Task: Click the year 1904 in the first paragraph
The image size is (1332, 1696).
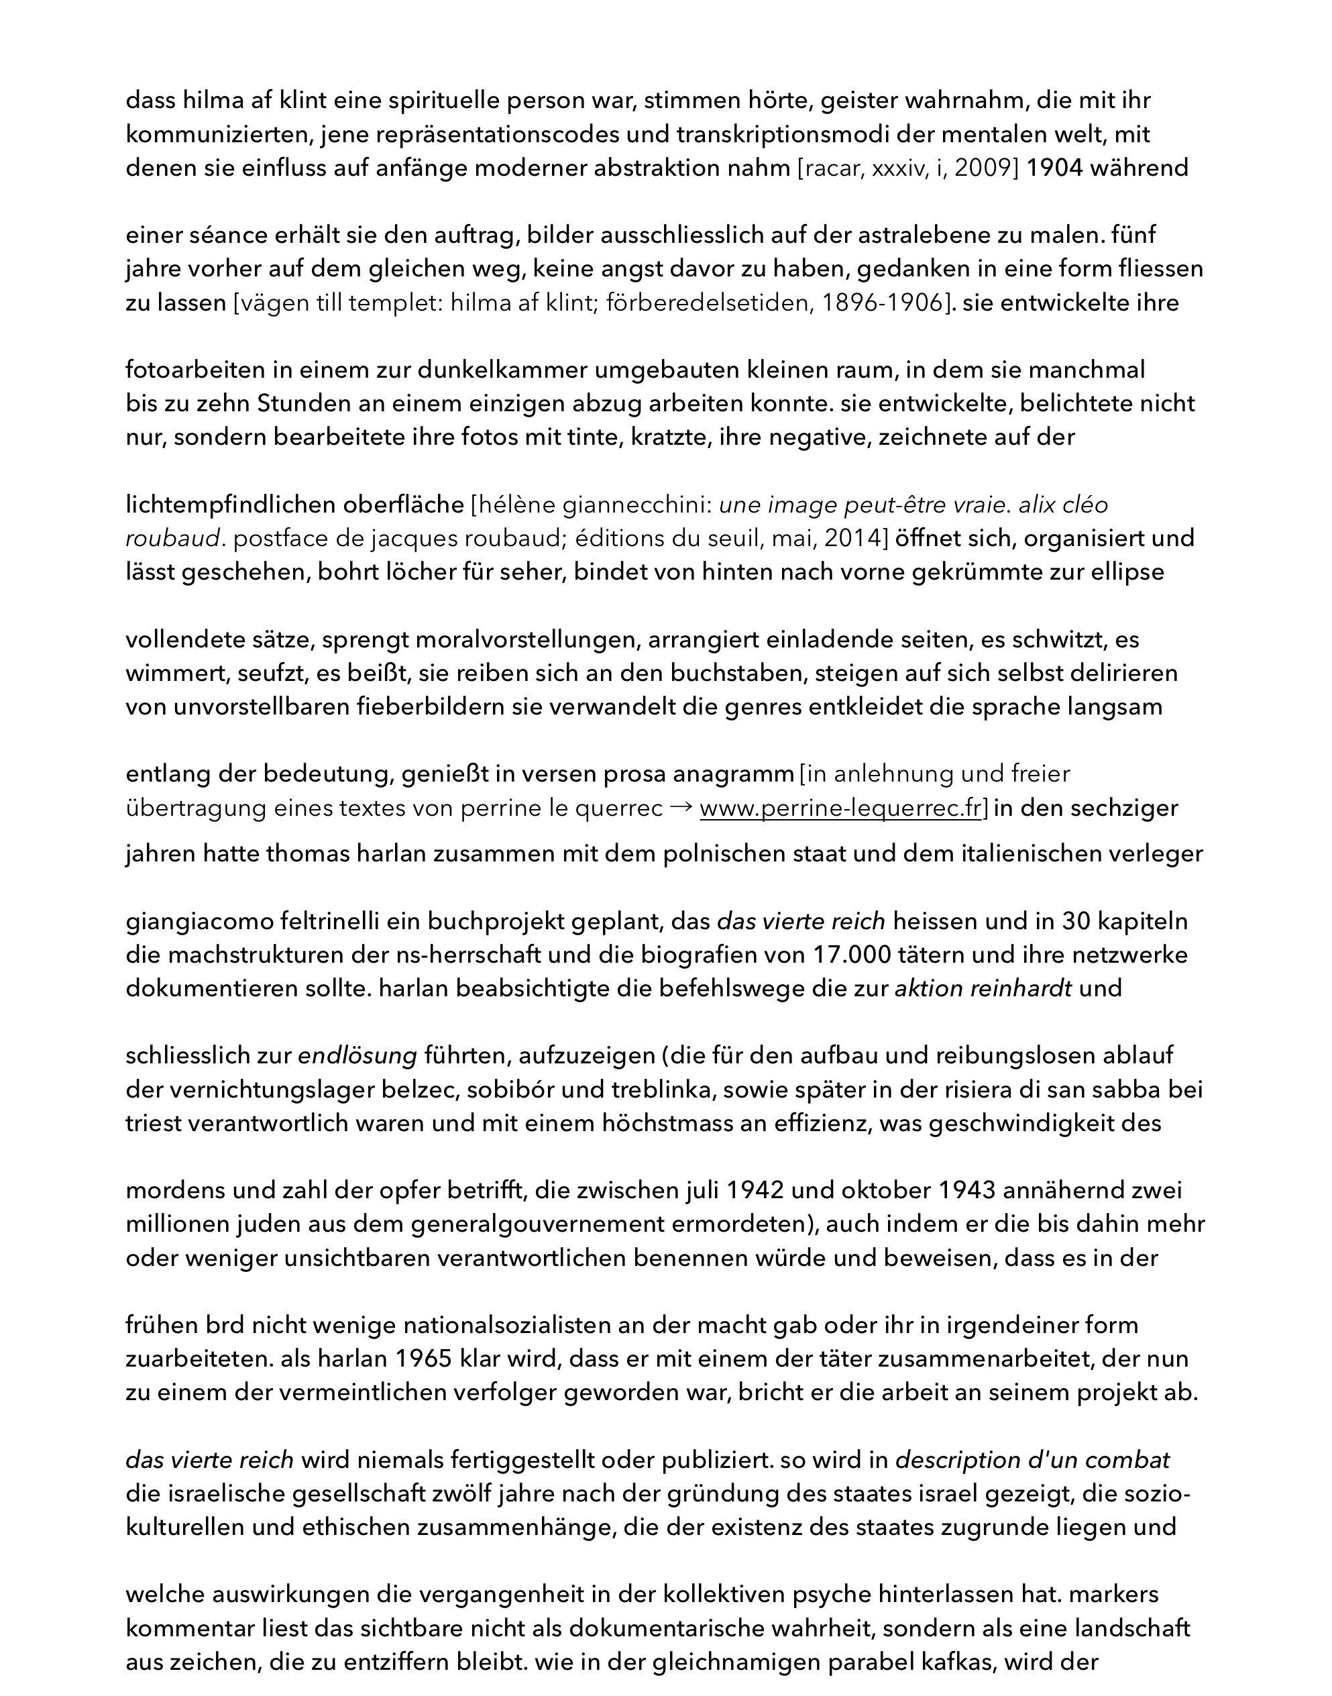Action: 1054,168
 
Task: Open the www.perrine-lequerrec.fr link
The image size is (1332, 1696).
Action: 840,808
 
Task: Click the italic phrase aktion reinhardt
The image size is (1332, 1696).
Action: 983,988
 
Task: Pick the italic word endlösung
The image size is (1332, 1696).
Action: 358,1056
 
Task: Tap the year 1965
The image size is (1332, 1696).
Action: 423,1359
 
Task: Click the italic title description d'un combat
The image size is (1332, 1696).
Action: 1032,1461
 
